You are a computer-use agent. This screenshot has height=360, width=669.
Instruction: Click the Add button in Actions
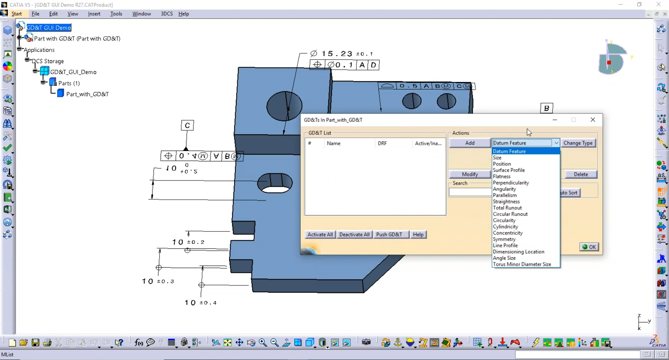[469, 143]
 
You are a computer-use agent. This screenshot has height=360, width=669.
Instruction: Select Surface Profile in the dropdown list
[508, 170]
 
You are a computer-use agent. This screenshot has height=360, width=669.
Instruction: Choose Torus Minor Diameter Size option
[522, 264]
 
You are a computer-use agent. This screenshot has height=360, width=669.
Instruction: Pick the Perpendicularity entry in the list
[510, 183]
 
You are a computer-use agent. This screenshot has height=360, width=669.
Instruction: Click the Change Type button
[578, 143]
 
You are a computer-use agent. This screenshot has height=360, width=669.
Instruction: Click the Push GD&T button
[389, 235]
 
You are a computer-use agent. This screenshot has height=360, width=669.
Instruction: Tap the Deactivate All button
[354, 235]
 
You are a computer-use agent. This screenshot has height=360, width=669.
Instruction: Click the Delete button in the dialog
[580, 174]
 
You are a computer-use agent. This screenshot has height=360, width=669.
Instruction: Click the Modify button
[469, 174]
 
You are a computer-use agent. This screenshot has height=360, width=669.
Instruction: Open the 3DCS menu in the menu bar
[167, 14]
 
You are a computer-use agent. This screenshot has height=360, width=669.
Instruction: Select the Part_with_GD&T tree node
[87, 94]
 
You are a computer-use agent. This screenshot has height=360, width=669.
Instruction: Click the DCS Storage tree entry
[48, 61]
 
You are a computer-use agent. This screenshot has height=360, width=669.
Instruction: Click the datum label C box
[187, 125]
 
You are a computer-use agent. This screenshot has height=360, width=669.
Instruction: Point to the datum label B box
[546, 108]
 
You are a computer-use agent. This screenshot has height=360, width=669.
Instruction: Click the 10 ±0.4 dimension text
[201, 302]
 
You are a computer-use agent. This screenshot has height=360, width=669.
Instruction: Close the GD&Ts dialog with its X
[593, 120]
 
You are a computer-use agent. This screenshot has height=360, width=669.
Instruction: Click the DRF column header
[382, 143]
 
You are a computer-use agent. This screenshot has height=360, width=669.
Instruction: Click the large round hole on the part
[284, 106]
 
